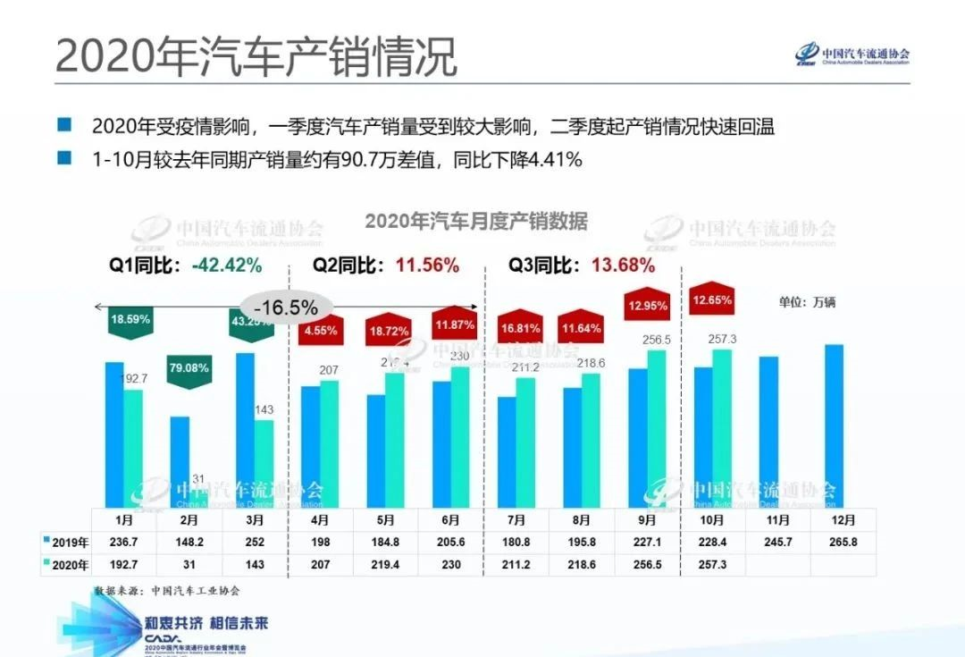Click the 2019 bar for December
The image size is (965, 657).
coord(833,425)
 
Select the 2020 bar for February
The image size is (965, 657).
coord(198,495)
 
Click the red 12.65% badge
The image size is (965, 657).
coord(712,301)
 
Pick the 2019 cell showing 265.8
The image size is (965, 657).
coord(843,542)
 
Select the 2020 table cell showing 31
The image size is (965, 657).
coord(190,564)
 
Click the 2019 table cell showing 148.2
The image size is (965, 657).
coord(190,542)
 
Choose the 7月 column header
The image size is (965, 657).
coord(516,519)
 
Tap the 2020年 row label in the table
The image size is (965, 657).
coord(67,564)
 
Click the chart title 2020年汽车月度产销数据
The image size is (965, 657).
coord(475,220)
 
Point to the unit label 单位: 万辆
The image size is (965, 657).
coord(806,302)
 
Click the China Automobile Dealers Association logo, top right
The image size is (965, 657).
coord(852,55)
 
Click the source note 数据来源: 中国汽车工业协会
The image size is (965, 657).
coord(167,591)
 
